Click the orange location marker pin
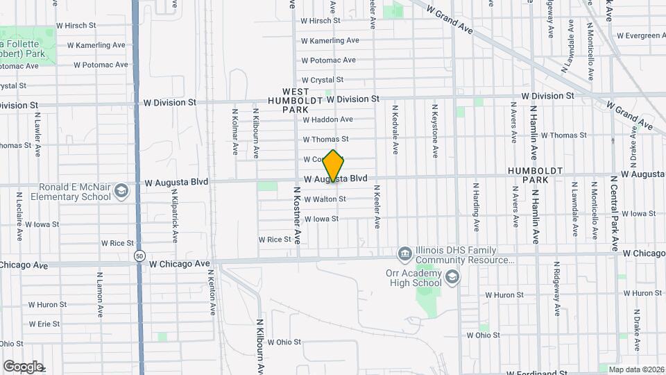pos(334,166)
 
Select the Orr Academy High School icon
pos(452,278)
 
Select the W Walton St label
pos(324,199)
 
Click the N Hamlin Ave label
pos(535,208)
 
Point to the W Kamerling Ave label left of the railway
pos(96,45)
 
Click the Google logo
pos(22,366)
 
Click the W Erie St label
pos(44,324)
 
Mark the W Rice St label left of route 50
pos(117,243)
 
